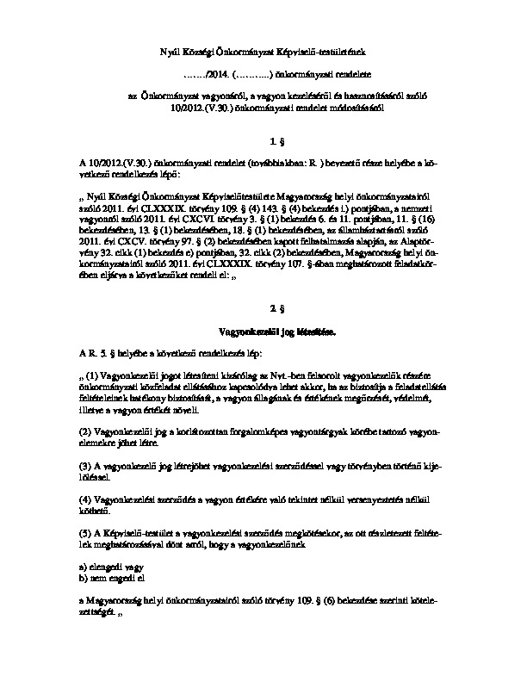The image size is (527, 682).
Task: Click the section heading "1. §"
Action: pyautogui.click(x=276, y=139)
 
